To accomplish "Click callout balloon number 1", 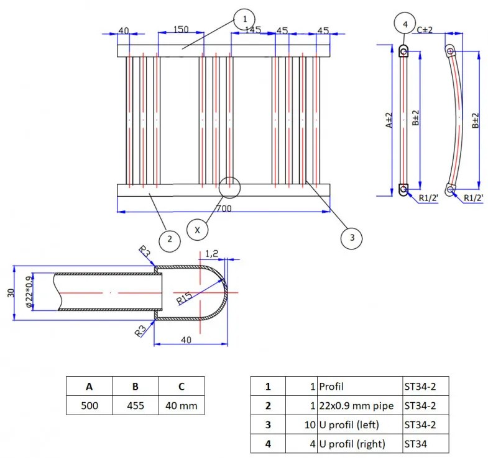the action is point(245,20).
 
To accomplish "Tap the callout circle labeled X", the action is point(197,230).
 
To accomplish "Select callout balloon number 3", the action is point(352,238).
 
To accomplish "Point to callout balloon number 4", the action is point(405,24).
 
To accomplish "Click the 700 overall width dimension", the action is point(224,208).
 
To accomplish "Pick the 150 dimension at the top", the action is point(181,30).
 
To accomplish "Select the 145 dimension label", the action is point(253,30).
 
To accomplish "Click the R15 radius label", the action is point(184,299).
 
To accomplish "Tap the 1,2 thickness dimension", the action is point(211,254).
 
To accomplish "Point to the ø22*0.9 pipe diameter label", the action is point(29,292).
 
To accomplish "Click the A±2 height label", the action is point(389,120).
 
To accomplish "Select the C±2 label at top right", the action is point(425,30).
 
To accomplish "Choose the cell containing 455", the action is point(136,405).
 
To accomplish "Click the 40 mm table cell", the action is point(182,405).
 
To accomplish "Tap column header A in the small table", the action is point(90,386).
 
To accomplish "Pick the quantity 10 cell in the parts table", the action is point(302,424).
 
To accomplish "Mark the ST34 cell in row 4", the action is point(426,443).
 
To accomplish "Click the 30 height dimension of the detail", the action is point(11,293).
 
